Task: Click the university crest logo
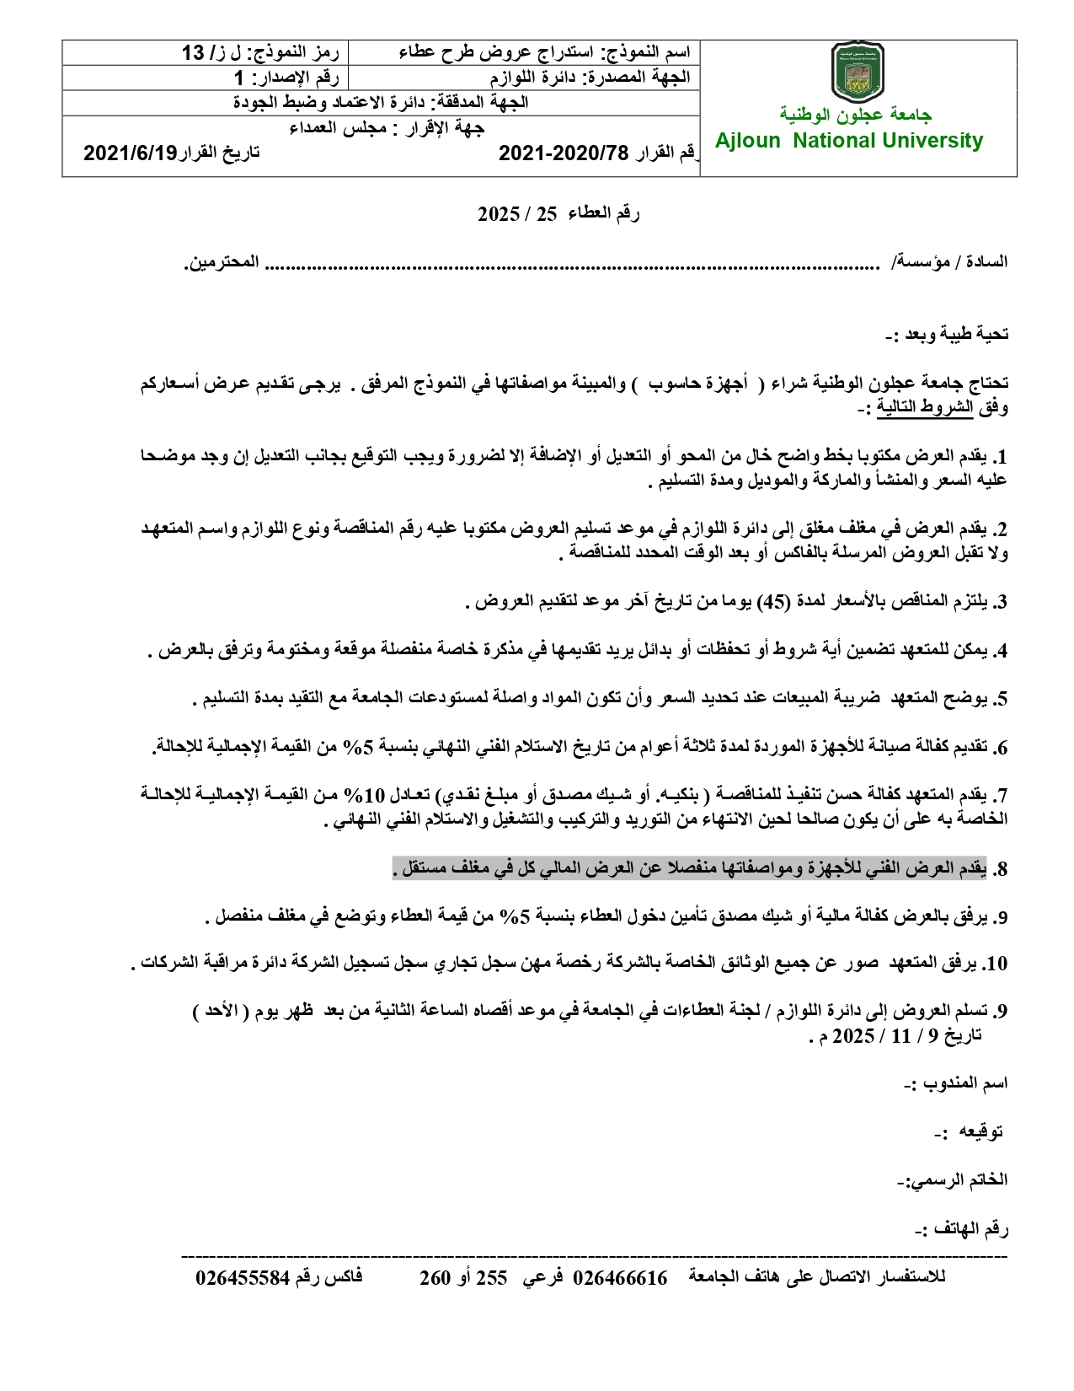pyautogui.click(x=857, y=73)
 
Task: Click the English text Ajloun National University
pyautogui.click(x=849, y=141)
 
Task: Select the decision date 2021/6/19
pyautogui.click(x=131, y=153)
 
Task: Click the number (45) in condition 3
pyautogui.click(x=772, y=602)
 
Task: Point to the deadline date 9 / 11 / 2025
pyautogui.click(x=895, y=1035)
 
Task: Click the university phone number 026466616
pyautogui.click(x=620, y=1278)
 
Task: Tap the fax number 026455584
pyautogui.click(x=243, y=1278)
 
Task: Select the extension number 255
pyautogui.click(x=492, y=1278)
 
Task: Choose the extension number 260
pyautogui.click(x=435, y=1278)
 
